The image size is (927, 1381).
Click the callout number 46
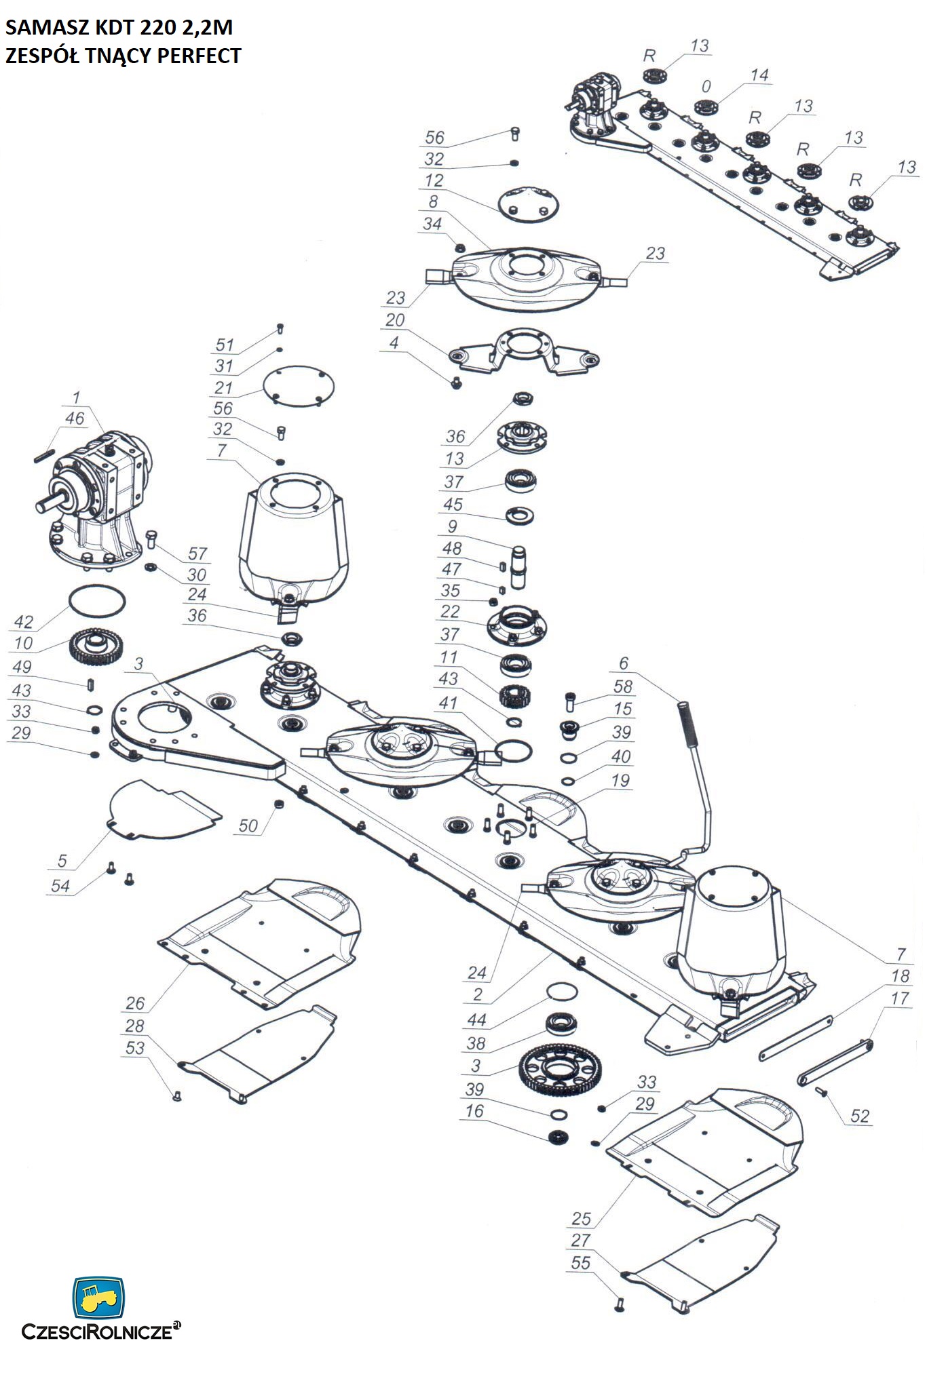(x=75, y=418)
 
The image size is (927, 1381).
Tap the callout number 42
(x=24, y=622)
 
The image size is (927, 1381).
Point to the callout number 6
(x=624, y=663)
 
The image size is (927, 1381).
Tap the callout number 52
(x=860, y=1116)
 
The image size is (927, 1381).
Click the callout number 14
(x=759, y=75)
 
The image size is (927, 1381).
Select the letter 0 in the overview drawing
(x=706, y=87)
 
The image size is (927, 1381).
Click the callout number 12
(x=434, y=180)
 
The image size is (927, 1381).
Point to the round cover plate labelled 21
(x=299, y=387)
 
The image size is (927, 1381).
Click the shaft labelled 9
(x=519, y=566)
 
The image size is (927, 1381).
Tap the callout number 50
(x=248, y=825)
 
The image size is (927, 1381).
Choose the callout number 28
(x=135, y=1026)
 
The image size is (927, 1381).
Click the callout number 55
(x=581, y=1263)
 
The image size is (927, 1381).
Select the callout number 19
(x=620, y=780)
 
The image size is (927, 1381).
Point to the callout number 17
(x=900, y=998)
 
